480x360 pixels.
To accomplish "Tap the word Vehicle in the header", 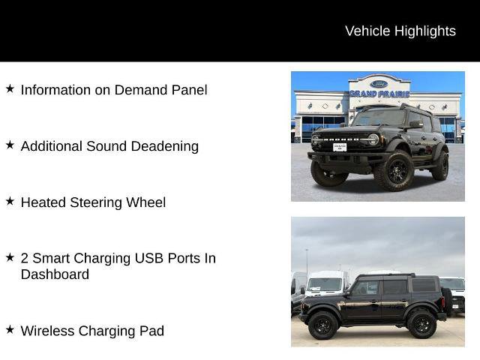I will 368,31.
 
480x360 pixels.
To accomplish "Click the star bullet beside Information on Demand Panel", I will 10,88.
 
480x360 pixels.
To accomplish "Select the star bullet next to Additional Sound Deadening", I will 10,145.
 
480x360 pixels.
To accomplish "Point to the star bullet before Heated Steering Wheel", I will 10,201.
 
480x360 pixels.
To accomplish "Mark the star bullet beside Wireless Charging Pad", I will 10,329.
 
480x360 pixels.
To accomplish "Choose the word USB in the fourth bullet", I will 148,258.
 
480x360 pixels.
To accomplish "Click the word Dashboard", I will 55,274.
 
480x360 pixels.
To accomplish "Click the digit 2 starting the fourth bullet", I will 25,258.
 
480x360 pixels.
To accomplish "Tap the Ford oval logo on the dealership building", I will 377,84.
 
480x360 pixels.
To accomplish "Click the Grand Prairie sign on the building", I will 378,94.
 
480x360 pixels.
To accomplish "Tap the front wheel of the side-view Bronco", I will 322,325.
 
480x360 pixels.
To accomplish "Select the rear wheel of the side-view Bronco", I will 421,325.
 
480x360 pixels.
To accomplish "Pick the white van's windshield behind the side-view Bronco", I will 325,285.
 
